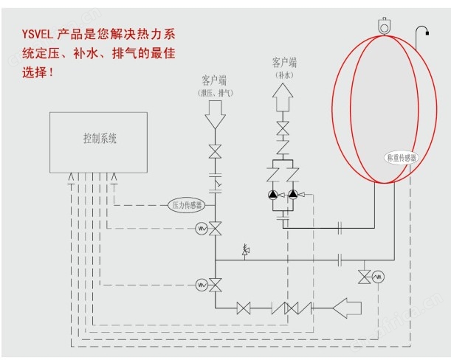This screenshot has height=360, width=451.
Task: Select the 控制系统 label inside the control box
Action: pos(100,138)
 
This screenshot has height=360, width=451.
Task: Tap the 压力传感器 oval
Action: pos(187,204)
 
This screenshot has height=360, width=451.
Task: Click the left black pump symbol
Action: pos(272,195)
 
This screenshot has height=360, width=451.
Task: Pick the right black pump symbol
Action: pos(293,195)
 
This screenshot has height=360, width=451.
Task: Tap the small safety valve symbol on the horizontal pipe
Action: pos(246,252)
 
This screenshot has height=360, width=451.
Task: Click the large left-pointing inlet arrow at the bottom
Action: pos(351,305)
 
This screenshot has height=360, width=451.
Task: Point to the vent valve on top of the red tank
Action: pos(382,24)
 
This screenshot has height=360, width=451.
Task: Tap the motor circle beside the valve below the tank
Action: pos(379,276)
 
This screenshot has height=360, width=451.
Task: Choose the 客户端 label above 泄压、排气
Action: pos(216,79)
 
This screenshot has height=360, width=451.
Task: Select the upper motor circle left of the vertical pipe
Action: pos(200,229)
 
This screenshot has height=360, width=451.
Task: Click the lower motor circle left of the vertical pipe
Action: pos(200,283)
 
